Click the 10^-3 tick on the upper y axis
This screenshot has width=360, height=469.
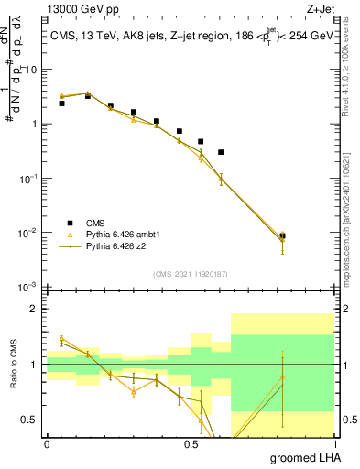click(30, 287)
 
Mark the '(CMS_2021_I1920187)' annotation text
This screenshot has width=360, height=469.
click(190, 274)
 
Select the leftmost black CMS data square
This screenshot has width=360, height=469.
click(61, 104)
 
